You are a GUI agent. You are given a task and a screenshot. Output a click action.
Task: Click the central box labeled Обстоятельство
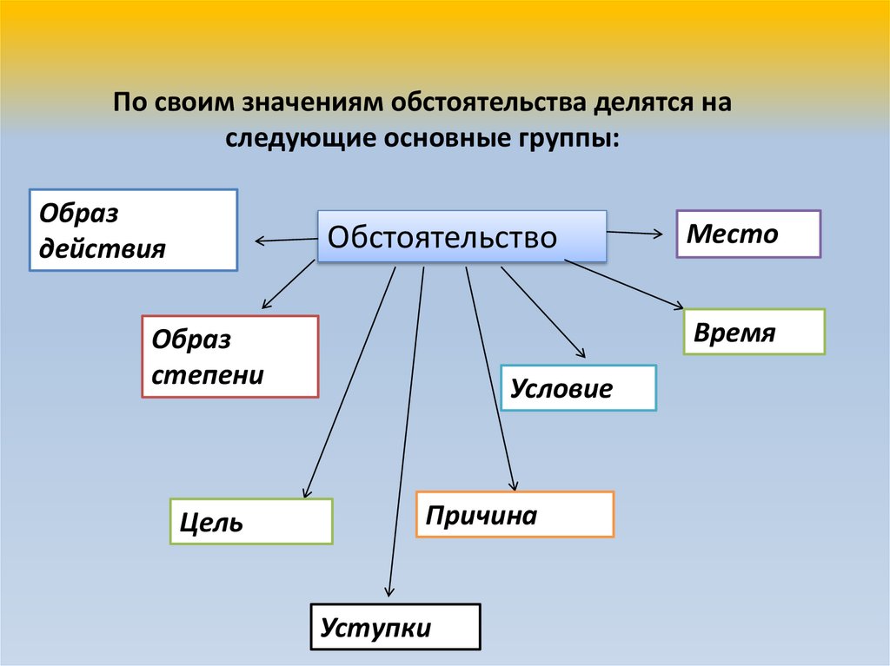click(x=462, y=236)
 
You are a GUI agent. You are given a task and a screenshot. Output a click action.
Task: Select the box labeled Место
click(x=748, y=234)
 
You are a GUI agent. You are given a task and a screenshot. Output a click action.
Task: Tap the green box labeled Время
click(x=754, y=332)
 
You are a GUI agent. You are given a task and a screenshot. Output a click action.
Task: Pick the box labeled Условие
click(x=578, y=387)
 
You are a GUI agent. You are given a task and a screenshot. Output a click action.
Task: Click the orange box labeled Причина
click(x=515, y=514)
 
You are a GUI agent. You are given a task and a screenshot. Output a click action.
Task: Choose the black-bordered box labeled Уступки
click(x=395, y=626)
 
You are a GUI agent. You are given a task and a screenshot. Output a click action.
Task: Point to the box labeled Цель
click(x=251, y=521)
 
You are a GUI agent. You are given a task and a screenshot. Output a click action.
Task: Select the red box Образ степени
click(x=230, y=356)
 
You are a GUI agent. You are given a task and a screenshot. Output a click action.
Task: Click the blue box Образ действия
click(x=133, y=230)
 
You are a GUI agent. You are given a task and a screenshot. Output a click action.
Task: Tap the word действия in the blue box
click(x=103, y=249)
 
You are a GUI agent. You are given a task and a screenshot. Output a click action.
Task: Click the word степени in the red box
click(x=208, y=375)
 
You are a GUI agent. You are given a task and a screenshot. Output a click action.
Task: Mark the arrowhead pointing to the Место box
click(x=661, y=233)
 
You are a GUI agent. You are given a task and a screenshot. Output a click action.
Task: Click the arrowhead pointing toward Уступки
click(x=387, y=593)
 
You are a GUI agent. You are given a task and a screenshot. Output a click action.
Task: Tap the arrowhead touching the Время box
click(x=680, y=306)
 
